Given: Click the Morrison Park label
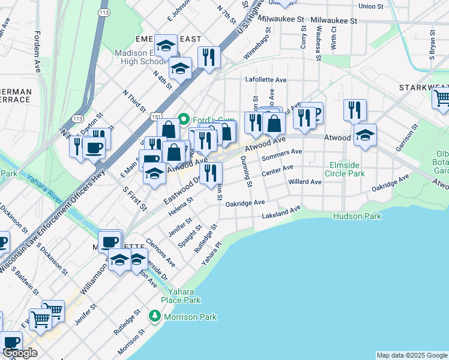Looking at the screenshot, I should click(x=191, y=317).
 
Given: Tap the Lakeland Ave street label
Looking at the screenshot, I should click(x=281, y=212).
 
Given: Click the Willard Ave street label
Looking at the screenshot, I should click(x=305, y=182).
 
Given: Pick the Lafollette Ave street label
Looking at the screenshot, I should click(x=266, y=80).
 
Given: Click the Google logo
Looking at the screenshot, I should click(x=20, y=353).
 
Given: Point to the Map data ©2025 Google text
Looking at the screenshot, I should click(x=412, y=355).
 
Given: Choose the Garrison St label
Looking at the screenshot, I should click(x=406, y=138).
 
